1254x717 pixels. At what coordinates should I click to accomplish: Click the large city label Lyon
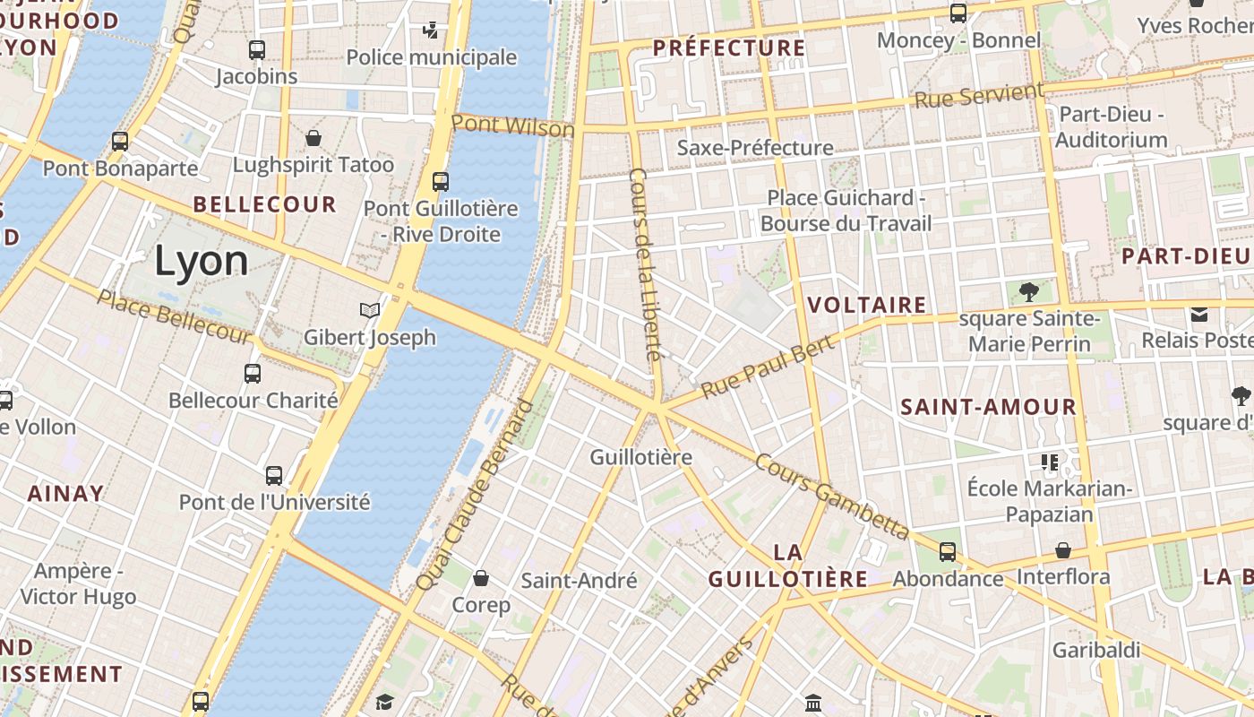(202, 261)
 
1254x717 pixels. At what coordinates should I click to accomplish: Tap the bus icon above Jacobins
(257, 50)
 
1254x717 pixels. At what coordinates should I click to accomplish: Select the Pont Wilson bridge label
(512, 125)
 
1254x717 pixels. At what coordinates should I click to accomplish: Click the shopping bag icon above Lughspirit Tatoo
(313, 138)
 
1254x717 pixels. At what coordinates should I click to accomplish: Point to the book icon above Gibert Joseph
(369, 311)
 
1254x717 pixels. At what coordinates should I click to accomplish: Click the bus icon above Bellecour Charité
(253, 374)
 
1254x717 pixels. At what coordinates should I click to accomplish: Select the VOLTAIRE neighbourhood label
(867, 305)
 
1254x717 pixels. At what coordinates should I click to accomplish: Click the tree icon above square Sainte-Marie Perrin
(1029, 291)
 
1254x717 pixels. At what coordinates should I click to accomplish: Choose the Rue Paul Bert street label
(768, 367)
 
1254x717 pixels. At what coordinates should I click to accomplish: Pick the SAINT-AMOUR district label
(988, 407)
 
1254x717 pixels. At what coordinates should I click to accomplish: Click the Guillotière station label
(640, 457)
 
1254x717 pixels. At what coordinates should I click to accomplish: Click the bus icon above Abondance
(948, 552)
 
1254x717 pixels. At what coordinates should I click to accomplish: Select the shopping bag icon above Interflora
(1063, 550)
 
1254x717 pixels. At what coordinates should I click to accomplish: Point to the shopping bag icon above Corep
(481, 578)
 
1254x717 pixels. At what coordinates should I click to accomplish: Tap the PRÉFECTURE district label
(729, 48)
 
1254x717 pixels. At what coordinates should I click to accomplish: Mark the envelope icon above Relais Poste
(1199, 314)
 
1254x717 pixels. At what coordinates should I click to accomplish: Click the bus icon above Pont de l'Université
(274, 476)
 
